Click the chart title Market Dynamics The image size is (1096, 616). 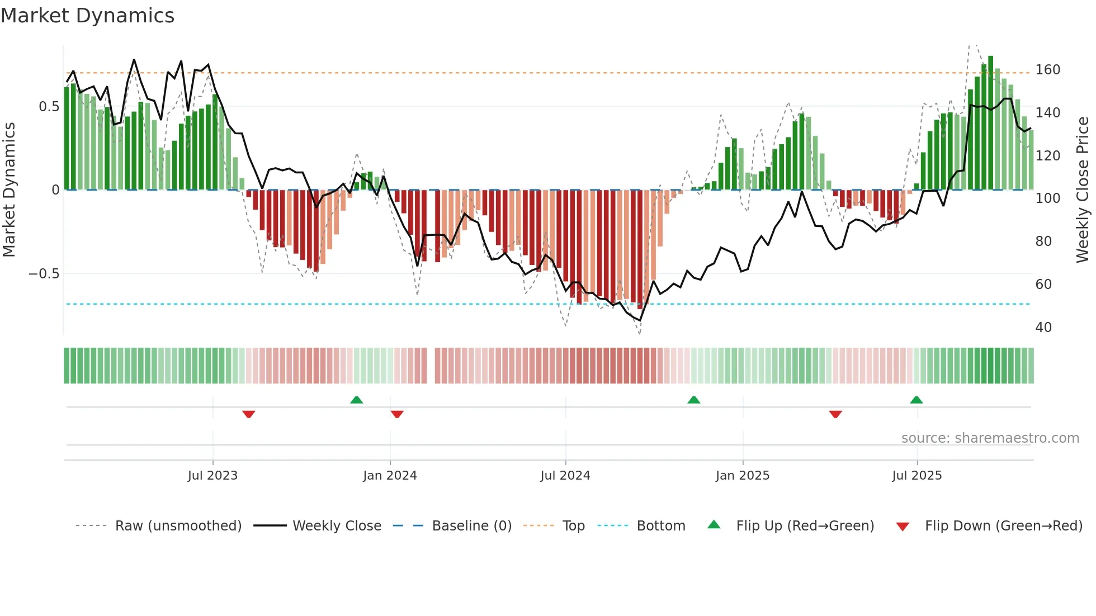tap(87, 16)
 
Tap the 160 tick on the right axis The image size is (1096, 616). tap(1047, 70)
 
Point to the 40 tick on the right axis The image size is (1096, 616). tap(1043, 328)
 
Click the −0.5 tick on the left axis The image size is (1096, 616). tap(44, 274)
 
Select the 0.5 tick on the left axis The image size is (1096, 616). tap(49, 107)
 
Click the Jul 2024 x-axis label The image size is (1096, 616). tap(565, 476)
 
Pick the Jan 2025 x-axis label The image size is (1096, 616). tap(742, 476)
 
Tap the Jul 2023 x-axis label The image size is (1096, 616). tap(212, 476)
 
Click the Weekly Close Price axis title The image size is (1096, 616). tap(1083, 190)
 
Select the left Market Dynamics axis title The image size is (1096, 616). tap(9, 190)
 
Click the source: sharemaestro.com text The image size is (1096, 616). tap(990, 438)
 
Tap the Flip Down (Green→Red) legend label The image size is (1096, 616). tap(1003, 526)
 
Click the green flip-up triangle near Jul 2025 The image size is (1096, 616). tap(916, 400)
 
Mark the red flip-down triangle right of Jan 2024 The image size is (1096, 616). tap(397, 414)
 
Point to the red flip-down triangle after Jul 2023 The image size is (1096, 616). tap(249, 414)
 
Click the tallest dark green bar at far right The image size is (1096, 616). tap(990, 123)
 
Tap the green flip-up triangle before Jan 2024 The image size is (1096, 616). tap(356, 400)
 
